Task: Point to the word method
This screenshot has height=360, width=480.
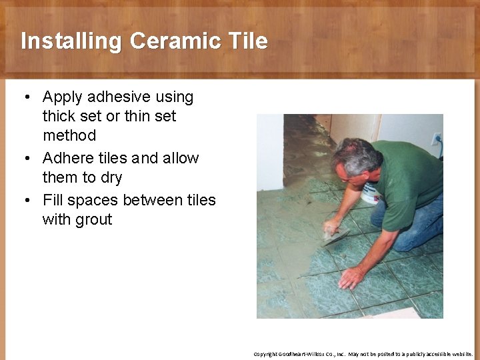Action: (69, 135)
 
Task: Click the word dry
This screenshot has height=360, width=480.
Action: (109, 178)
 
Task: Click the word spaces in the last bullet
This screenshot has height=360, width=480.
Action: (92, 200)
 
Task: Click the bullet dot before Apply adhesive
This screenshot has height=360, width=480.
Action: (25, 97)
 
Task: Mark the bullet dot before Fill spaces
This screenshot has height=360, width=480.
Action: (25, 200)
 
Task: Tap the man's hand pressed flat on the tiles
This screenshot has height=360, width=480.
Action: (351, 276)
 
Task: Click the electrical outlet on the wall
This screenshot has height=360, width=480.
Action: (437, 139)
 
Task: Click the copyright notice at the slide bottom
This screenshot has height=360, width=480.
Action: (363, 354)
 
